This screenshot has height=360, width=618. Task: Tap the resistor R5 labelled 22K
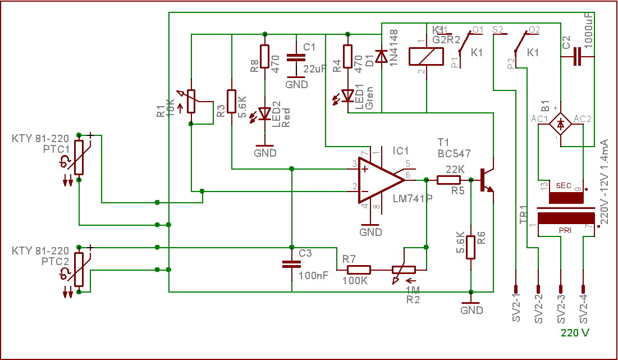pyautogui.click(x=448, y=180)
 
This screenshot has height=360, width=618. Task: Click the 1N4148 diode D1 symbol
pyautogui.click(x=382, y=56)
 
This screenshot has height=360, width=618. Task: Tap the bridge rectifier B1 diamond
pyautogui.click(x=560, y=121)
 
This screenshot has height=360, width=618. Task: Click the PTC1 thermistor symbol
pyautogui.click(x=79, y=157)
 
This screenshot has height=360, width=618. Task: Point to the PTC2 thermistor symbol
pyautogui.click(x=79, y=269)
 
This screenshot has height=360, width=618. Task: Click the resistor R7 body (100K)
pyautogui.click(x=354, y=270)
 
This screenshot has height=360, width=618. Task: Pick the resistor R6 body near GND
pyautogui.click(x=471, y=245)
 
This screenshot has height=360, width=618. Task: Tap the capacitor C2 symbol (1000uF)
pyautogui.click(x=576, y=57)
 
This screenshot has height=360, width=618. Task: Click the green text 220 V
pyautogui.click(x=575, y=332)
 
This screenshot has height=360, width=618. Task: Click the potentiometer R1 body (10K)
pyautogui.click(x=191, y=102)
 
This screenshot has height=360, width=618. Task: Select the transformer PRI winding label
pyautogui.click(x=565, y=230)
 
